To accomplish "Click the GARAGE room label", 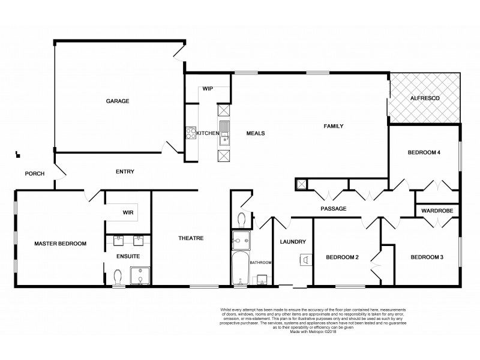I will [x=118, y=101].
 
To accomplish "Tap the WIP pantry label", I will [x=208, y=88].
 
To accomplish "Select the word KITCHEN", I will [x=206, y=133].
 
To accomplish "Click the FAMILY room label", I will [x=333, y=127].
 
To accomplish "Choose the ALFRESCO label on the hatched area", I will [x=424, y=97].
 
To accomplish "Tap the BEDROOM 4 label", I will [x=424, y=153].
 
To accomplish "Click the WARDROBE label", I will [x=437, y=211].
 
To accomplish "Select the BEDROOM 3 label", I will [x=427, y=257].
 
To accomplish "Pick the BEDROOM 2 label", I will [x=342, y=257].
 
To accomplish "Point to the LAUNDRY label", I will [x=293, y=242].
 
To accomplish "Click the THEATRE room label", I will [x=191, y=238].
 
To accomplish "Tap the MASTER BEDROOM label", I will [x=60, y=244].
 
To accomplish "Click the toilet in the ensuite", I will [x=118, y=277].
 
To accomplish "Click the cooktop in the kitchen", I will [x=191, y=133].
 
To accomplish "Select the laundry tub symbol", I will [x=304, y=260].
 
